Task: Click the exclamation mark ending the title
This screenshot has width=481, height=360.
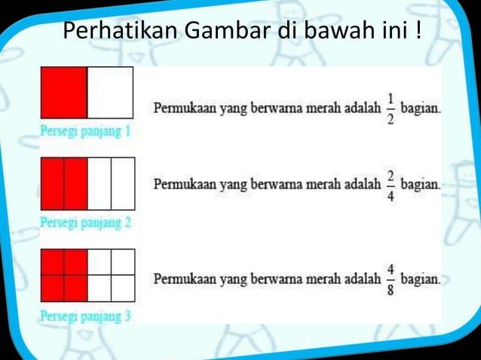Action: coord(418,32)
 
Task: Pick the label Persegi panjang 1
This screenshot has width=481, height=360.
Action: coord(85,132)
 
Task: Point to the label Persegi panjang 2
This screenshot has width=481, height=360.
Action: coord(85,223)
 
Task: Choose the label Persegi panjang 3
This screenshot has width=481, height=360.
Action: coord(85,316)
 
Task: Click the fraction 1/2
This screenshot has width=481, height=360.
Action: coord(391,109)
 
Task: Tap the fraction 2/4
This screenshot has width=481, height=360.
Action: coord(391,185)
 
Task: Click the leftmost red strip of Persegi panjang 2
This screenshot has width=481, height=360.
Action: coord(52,183)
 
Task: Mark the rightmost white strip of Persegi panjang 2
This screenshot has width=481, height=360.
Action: coord(123,183)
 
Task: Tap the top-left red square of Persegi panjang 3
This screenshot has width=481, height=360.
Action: coord(52,262)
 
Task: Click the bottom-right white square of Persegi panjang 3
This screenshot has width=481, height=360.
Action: coord(123,288)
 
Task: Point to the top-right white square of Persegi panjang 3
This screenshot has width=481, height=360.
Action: coord(123,262)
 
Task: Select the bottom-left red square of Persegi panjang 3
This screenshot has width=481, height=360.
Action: coord(52,288)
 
